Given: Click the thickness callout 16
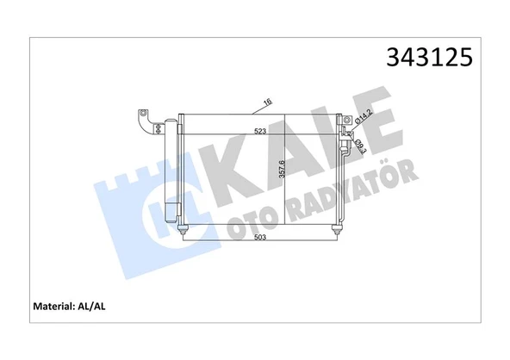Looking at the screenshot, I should pos(267,104).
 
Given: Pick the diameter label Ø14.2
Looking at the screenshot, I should pos(364,119).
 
